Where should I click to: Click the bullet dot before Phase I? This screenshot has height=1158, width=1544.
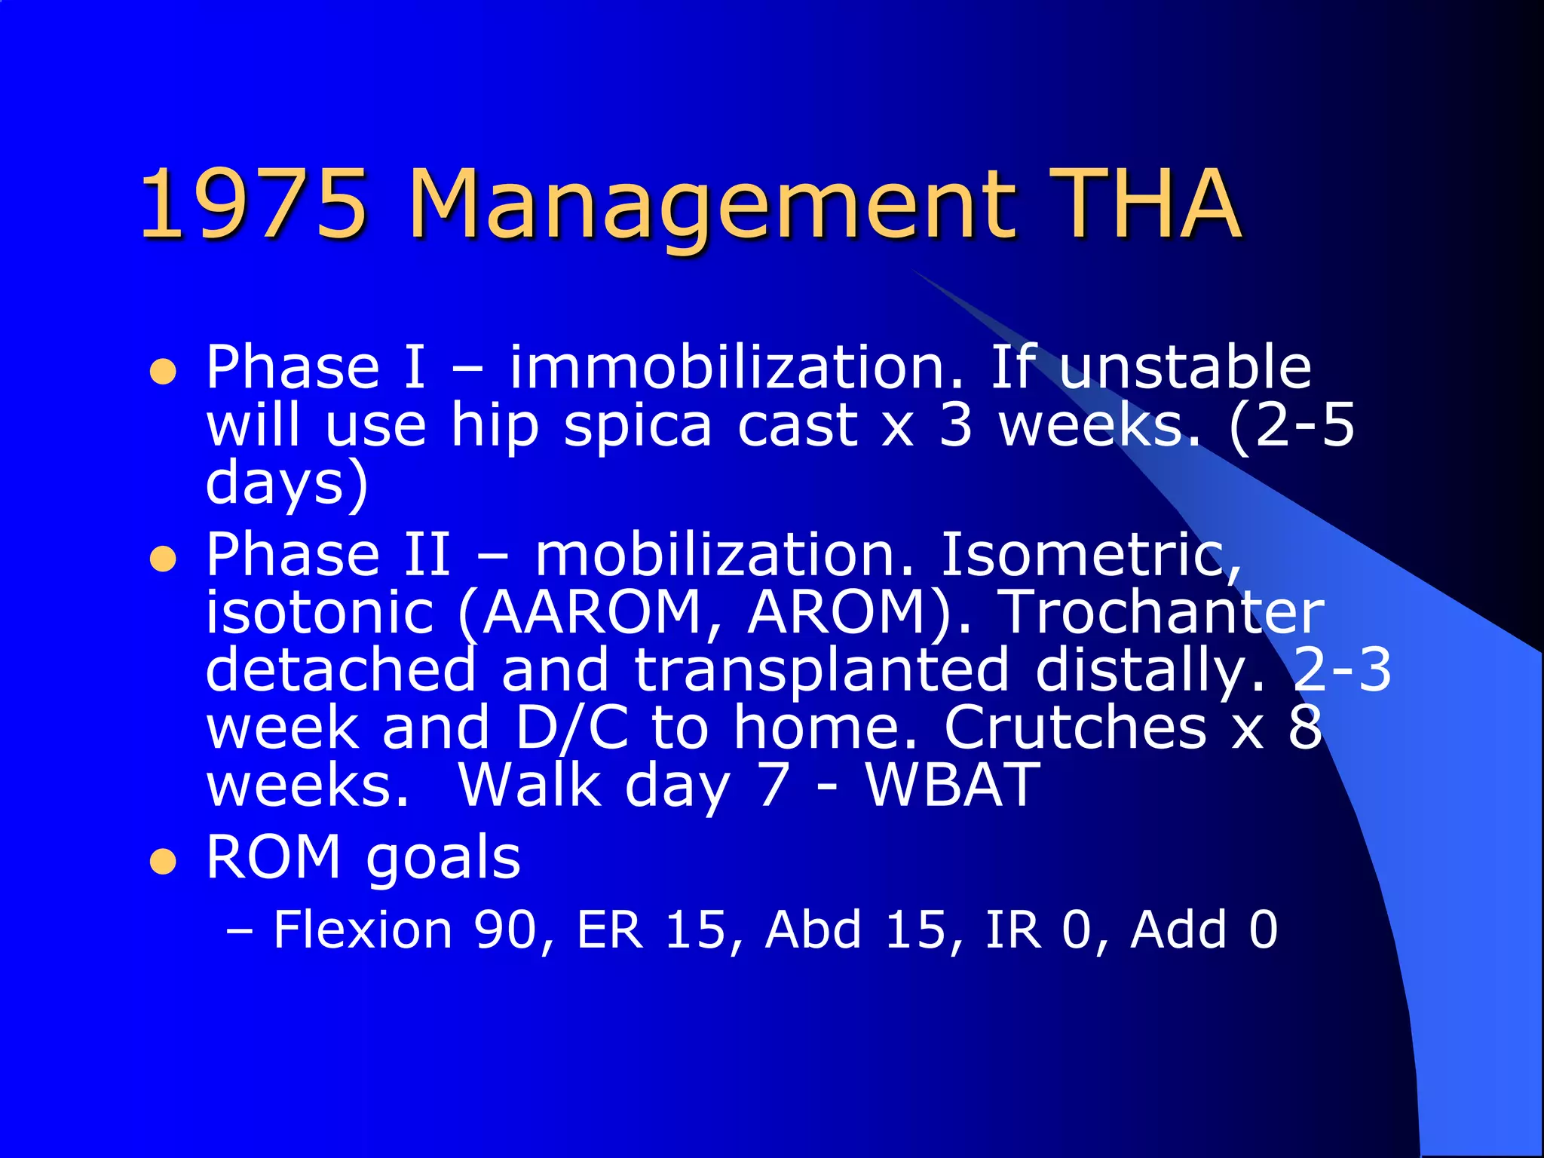pyautogui.click(x=163, y=372)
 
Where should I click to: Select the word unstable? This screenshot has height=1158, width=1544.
pyautogui.click(x=1184, y=367)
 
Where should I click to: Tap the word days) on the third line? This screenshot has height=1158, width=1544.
pyautogui.click(x=286, y=484)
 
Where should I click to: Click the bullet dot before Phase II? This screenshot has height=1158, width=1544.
pyautogui.click(x=163, y=560)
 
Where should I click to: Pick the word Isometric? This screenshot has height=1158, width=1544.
pyautogui.click(x=1090, y=555)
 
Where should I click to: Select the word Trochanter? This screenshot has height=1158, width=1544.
pyautogui.click(x=1162, y=612)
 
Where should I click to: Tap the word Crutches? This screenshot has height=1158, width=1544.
pyautogui.click(x=1075, y=728)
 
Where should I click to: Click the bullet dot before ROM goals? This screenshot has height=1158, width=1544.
pyautogui.click(x=163, y=862)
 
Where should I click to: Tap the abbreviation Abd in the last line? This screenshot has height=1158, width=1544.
pyautogui.click(x=813, y=929)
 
